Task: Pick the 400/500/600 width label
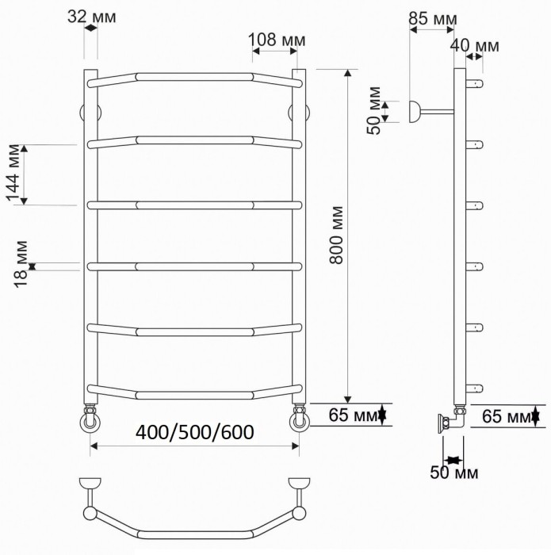[x=194, y=433]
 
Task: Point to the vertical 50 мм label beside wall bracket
[x=375, y=110]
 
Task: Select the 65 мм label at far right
[x=503, y=415]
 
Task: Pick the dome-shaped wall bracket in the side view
[x=415, y=112]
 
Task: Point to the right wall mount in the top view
[x=299, y=483]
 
